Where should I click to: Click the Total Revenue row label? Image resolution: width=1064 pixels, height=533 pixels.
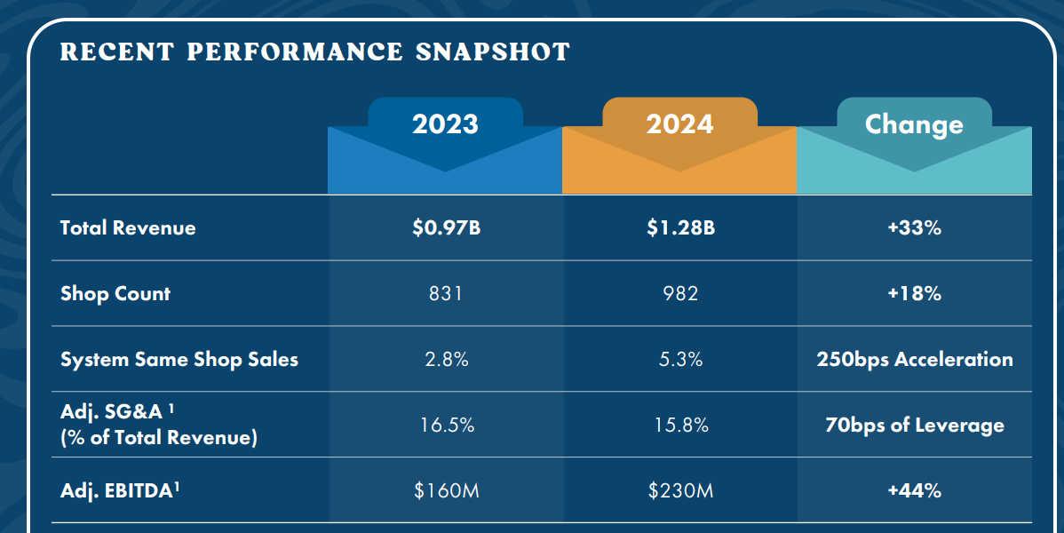pyautogui.click(x=128, y=227)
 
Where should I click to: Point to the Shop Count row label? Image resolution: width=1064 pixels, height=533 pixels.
pyautogui.click(x=115, y=293)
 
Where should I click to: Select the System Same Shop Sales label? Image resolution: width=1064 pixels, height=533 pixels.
pyautogui.click(x=179, y=359)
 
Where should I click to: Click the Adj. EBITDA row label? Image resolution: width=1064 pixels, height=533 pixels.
pyautogui.click(x=119, y=490)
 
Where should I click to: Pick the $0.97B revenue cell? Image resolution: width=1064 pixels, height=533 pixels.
pyautogui.click(x=446, y=227)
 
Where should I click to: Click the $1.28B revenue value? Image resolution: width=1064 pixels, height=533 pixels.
pyautogui.click(x=680, y=227)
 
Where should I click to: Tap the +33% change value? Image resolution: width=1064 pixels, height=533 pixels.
pyautogui.click(x=914, y=227)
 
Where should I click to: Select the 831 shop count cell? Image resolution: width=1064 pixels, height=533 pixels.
pyautogui.click(x=446, y=293)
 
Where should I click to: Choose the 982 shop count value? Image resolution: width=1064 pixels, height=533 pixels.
pyautogui.click(x=680, y=293)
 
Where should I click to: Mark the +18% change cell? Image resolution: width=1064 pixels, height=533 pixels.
pyautogui.click(x=914, y=293)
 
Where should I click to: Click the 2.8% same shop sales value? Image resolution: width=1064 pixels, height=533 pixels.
pyautogui.click(x=447, y=359)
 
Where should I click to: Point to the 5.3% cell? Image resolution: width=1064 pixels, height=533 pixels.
pyautogui.click(x=680, y=359)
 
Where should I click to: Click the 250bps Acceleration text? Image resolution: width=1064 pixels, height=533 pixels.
pyautogui.click(x=915, y=359)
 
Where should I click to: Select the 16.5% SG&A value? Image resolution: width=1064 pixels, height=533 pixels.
pyautogui.click(x=447, y=425)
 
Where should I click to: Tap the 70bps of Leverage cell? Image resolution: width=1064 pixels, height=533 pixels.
pyautogui.click(x=915, y=425)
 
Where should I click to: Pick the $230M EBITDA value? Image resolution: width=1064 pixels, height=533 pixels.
pyautogui.click(x=680, y=490)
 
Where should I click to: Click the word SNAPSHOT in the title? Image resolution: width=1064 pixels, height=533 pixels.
pyautogui.click(x=493, y=52)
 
